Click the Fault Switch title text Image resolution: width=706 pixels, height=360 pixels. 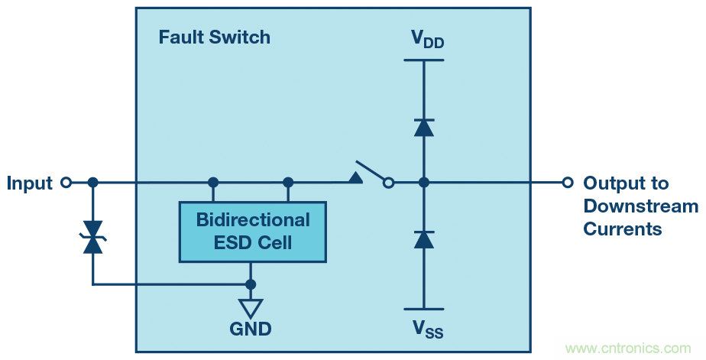pos(214,37)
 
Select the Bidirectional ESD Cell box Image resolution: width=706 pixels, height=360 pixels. pos(252,232)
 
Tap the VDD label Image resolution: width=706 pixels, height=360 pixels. pos(426,39)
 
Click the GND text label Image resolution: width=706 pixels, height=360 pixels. pos(250,329)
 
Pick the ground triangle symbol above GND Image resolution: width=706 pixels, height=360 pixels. pos(250,307)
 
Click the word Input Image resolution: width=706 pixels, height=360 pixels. pos(30,183)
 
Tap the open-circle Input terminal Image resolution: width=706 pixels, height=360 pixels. pos(66,183)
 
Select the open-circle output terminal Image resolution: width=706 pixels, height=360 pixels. pos(567,183)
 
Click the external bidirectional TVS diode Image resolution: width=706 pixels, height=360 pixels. pos(93,237)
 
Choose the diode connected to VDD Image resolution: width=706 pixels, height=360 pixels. pos(424,128)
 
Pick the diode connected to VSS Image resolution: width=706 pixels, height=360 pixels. pos(424,239)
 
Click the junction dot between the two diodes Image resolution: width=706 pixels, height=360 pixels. pos(424,183)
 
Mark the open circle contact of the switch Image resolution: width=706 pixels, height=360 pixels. pos(388,183)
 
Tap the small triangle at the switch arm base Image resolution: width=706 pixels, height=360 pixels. pos(355,177)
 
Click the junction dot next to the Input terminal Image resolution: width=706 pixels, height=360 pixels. pos(93,183)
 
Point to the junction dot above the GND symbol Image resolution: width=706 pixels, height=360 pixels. pos(250,284)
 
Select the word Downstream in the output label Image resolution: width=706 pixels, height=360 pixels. pos(640,206)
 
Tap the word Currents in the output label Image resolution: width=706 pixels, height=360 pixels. pos(623,229)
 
